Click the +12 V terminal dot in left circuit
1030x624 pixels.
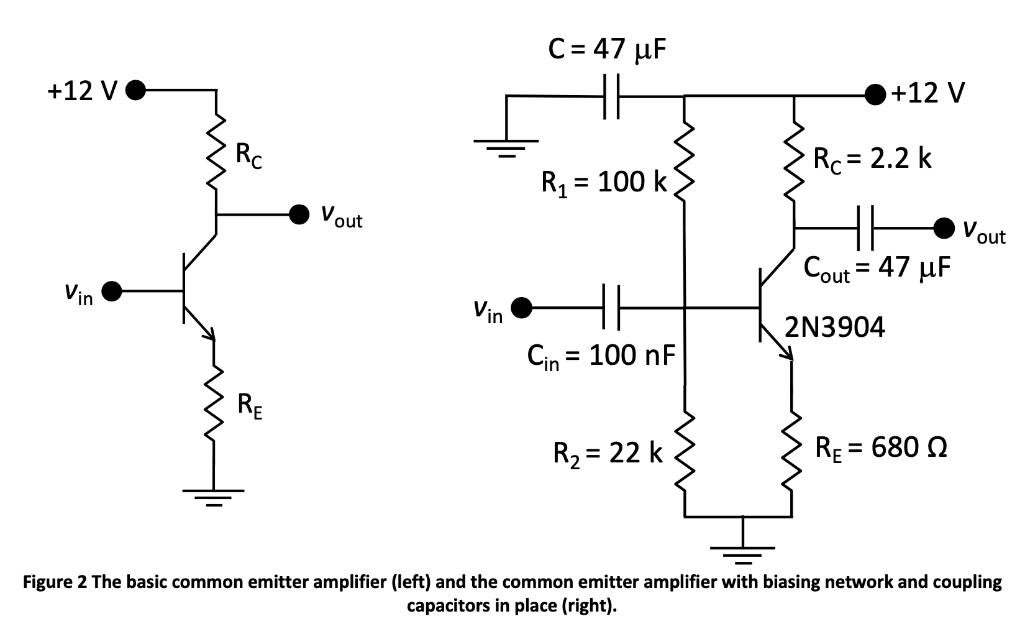click(135, 90)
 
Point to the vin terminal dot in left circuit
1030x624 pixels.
click(112, 290)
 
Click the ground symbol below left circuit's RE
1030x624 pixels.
click(213, 495)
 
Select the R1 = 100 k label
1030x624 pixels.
click(603, 182)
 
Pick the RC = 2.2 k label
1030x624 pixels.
click(872, 159)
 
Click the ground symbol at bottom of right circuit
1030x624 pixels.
click(743, 552)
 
